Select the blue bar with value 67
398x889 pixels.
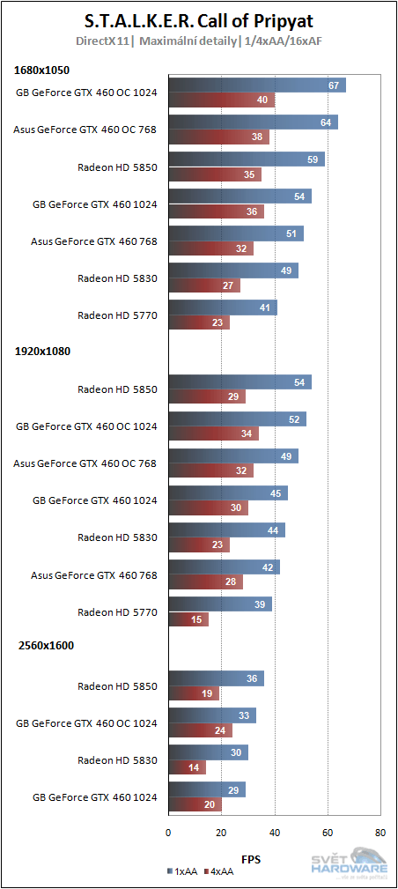point(256,85)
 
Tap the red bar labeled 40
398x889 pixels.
point(221,100)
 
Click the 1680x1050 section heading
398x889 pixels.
point(42,70)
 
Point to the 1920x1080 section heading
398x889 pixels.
point(42,351)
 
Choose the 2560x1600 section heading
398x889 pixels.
point(45,645)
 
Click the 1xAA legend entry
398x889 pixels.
point(183,870)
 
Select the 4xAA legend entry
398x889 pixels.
point(219,870)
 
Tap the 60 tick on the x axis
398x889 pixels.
point(328,831)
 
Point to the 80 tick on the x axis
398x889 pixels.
point(380,831)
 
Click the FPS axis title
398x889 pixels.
point(251,856)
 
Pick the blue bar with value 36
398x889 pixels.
point(216,678)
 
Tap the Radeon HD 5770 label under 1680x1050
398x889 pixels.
point(117,315)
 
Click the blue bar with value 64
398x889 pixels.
point(253,122)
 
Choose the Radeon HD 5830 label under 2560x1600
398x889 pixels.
point(117,759)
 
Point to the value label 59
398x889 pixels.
point(311,159)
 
